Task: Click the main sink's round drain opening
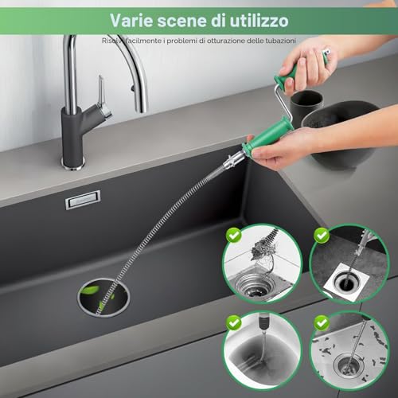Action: [103, 297]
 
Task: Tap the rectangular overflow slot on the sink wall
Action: [83, 200]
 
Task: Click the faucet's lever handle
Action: [103, 97]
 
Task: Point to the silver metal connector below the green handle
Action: [233, 162]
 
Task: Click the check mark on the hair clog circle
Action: [233, 235]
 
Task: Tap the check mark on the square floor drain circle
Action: [322, 235]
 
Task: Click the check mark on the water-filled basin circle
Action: [233, 323]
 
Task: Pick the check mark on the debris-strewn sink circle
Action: [322, 323]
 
